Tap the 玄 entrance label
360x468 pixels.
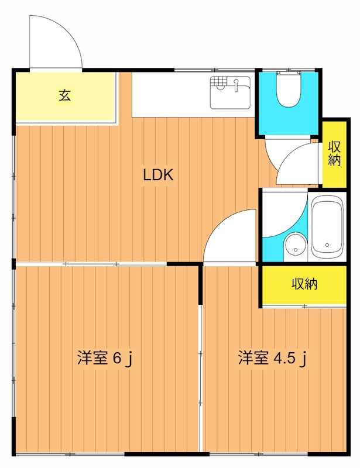click(64, 95)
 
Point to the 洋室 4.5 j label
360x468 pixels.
click(273, 358)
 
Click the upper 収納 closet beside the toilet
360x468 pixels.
click(334, 153)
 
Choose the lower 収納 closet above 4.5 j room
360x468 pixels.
click(304, 284)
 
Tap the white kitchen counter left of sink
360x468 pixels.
click(170, 94)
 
